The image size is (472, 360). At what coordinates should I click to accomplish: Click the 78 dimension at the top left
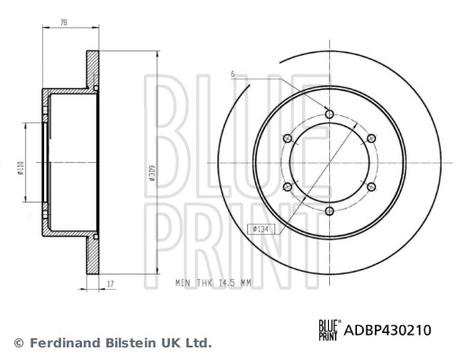pos(63,22)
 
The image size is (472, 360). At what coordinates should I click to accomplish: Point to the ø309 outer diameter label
pos(154,172)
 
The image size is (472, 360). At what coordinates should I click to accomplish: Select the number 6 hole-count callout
pos(232,73)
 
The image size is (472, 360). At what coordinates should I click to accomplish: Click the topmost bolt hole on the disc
pos(329,114)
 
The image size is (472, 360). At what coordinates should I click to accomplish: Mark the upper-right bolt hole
pos(370,138)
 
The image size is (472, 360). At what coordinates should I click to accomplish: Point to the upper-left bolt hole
pos(288,138)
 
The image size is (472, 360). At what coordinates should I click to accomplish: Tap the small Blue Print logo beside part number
pos(330,330)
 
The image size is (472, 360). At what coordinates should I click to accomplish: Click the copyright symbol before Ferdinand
pos(18,343)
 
